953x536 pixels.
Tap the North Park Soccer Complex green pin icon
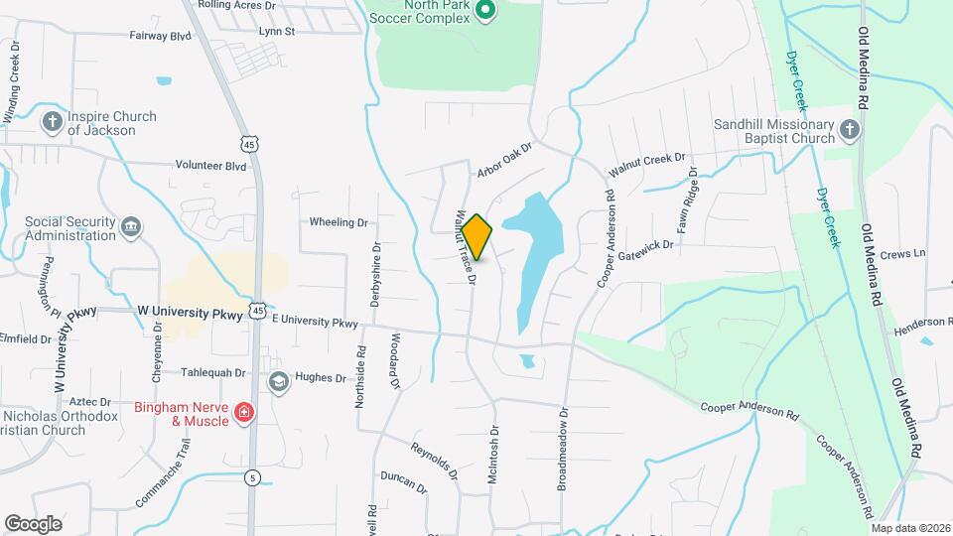click(485, 12)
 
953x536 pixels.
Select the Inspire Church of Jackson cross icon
click(53, 122)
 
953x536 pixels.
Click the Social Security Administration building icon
click(130, 228)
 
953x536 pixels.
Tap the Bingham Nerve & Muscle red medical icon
click(244, 413)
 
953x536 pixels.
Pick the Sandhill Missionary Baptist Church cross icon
click(849, 130)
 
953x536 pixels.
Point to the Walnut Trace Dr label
click(464, 247)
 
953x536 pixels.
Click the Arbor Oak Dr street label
click(504, 160)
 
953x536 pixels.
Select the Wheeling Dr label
click(339, 222)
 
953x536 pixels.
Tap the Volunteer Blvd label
click(209, 166)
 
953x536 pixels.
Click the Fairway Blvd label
click(160, 36)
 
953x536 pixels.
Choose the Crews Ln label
click(902, 253)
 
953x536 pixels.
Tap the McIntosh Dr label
click(492, 455)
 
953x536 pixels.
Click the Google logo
click(34, 523)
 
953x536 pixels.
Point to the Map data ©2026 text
click(911, 527)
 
